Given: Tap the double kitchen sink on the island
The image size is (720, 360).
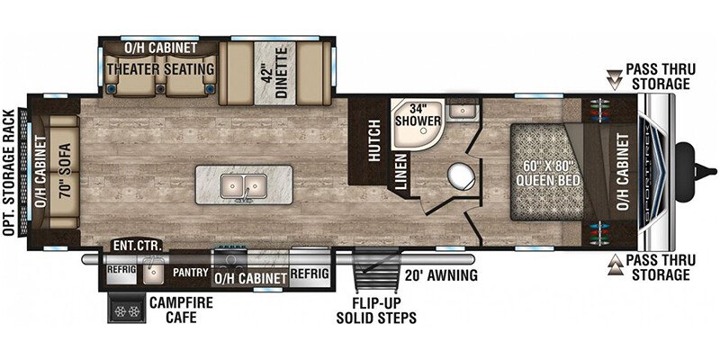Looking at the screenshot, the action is tap(243, 186).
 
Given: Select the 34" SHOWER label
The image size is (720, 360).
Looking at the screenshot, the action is tap(418, 114).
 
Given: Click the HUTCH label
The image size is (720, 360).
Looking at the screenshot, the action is tap(375, 140).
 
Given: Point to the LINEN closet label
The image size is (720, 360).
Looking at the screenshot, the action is tap(400, 172).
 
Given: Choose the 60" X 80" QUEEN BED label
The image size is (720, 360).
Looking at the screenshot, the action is tap(548, 172).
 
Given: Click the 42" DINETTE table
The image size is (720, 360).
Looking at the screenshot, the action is tap(275, 74).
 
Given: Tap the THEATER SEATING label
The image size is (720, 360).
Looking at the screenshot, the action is tap(161, 69).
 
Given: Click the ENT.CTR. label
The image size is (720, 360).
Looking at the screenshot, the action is tap(137, 246).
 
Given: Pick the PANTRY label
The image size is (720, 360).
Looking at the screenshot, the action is tap(191, 272).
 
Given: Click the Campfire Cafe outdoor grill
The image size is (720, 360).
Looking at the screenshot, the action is tap(127, 307).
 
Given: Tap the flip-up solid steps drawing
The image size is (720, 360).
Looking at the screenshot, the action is tap(376, 272).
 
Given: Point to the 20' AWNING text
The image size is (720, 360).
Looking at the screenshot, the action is tap(441, 275).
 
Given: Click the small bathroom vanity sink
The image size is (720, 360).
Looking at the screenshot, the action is tap(462, 111).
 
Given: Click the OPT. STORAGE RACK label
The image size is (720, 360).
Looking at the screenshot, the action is tap(9, 172).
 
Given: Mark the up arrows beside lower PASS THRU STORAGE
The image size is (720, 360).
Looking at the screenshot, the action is tap(613, 265).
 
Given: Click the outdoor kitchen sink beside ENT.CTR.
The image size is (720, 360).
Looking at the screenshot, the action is tap(153, 272).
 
